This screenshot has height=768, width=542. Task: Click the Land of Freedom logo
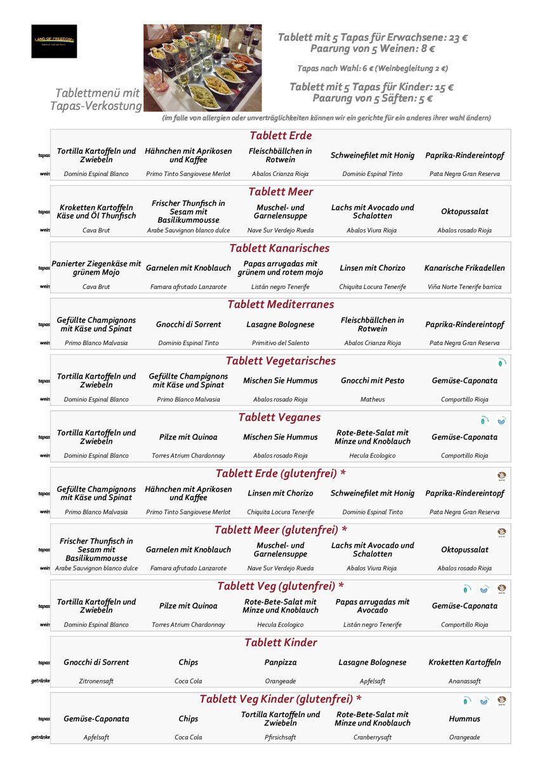(x=54, y=41)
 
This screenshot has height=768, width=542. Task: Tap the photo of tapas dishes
(x=202, y=68)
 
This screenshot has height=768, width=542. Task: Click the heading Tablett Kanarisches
(x=280, y=248)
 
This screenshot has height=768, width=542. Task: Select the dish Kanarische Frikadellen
(x=465, y=268)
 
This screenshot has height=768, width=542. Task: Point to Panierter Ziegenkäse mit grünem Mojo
(x=96, y=268)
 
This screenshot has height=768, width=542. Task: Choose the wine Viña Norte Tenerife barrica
(x=465, y=286)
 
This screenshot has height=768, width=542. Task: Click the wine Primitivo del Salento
(x=280, y=343)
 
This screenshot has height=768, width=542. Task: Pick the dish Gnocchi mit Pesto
(x=373, y=381)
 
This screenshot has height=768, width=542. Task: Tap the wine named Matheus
(x=373, y=400)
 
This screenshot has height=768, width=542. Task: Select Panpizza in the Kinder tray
(x=280, y=662)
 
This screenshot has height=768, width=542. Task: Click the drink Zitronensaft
(x=96, y=681)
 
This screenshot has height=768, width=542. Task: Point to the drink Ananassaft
(x=465, y=681)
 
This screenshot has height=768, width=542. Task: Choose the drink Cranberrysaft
(x=373, y=738)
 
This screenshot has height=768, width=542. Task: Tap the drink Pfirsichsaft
(x=280, y=738)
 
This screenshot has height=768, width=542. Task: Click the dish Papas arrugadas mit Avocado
(x=373, y=606)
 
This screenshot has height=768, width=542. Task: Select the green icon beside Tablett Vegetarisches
(x=501, y=363)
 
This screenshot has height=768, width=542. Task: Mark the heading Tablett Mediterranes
(x=280, y=304)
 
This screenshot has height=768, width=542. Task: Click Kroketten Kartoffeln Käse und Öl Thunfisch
(x=96, y=212)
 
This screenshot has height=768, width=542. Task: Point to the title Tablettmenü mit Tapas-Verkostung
(x=98, y=99)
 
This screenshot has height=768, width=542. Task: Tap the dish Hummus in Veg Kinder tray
(x=465, y=718)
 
